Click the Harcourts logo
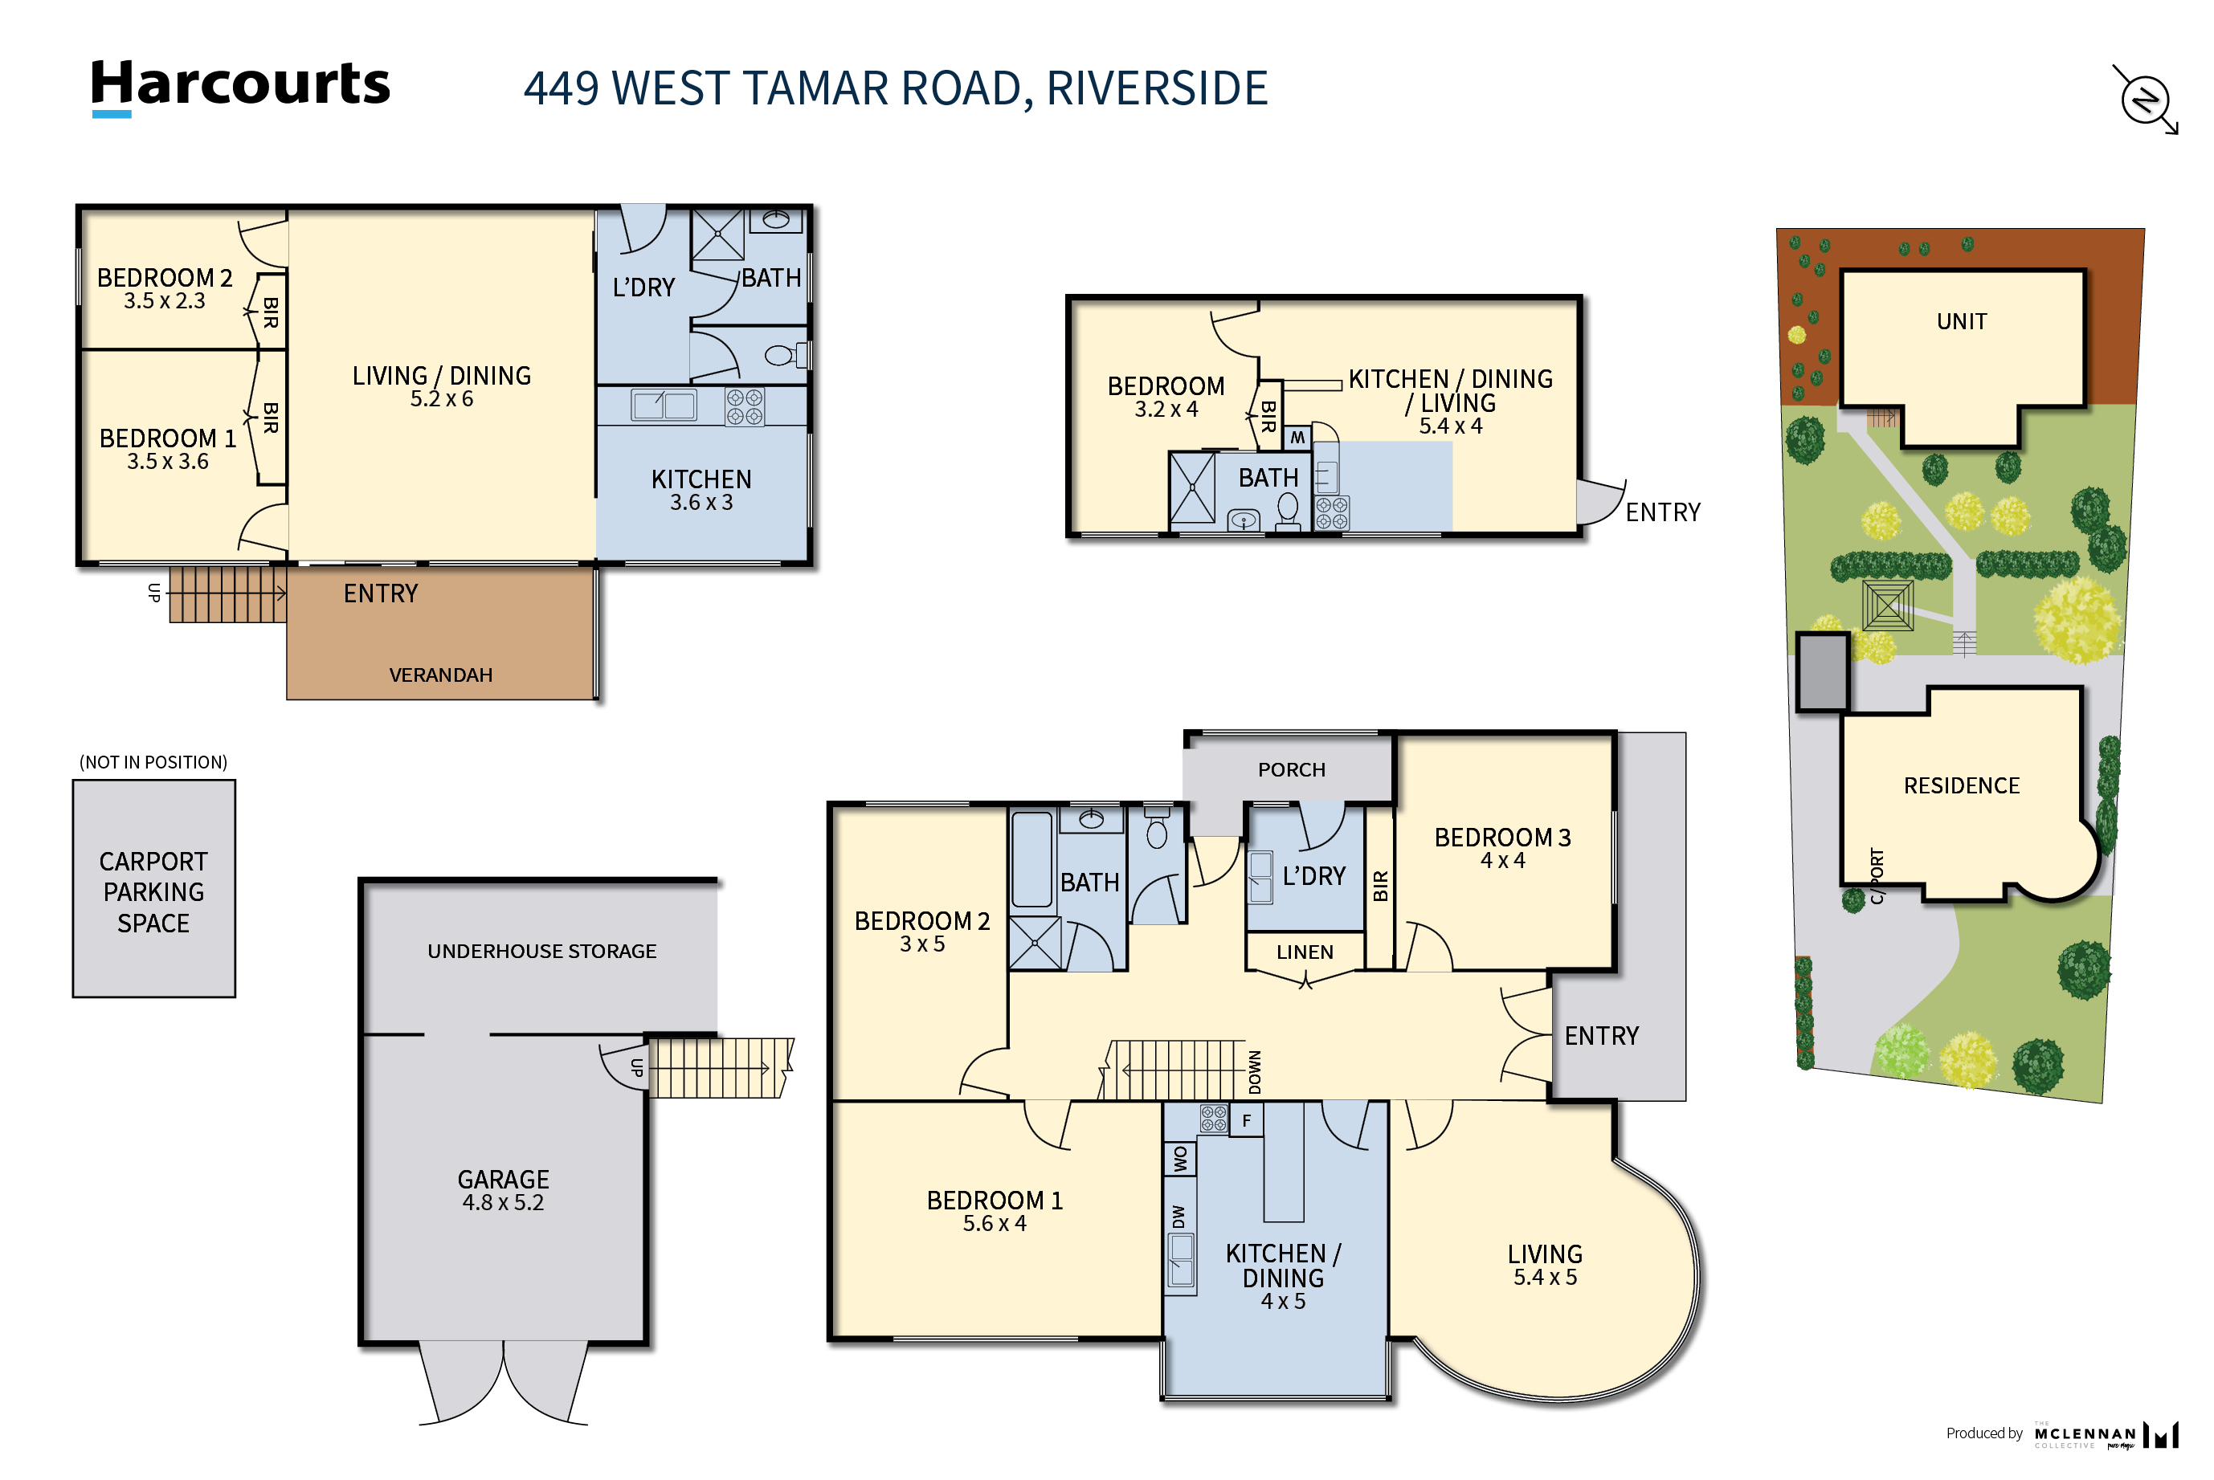coord(240,87)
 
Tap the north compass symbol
coord(2145,99)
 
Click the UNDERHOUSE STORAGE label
coord(542,952)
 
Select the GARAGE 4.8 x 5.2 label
coord(503,1190)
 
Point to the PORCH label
coord(1292,770)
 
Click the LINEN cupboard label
coord(1305,952)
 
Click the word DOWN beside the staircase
coord(1255,1071)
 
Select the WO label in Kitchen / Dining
coord(1180,1159)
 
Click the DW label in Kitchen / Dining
coord(1178,1217)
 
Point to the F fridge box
coord(1246,1120)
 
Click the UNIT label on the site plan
coord(1962,322)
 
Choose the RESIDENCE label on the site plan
coord(1962,786)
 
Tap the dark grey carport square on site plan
coord(1822,672)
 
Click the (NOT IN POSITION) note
coord(153,763)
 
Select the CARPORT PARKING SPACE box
coord(154,888)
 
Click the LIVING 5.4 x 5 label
coord(1545,1266)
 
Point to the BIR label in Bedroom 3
coord(1380,887)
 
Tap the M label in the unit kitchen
coord(1297,438)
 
